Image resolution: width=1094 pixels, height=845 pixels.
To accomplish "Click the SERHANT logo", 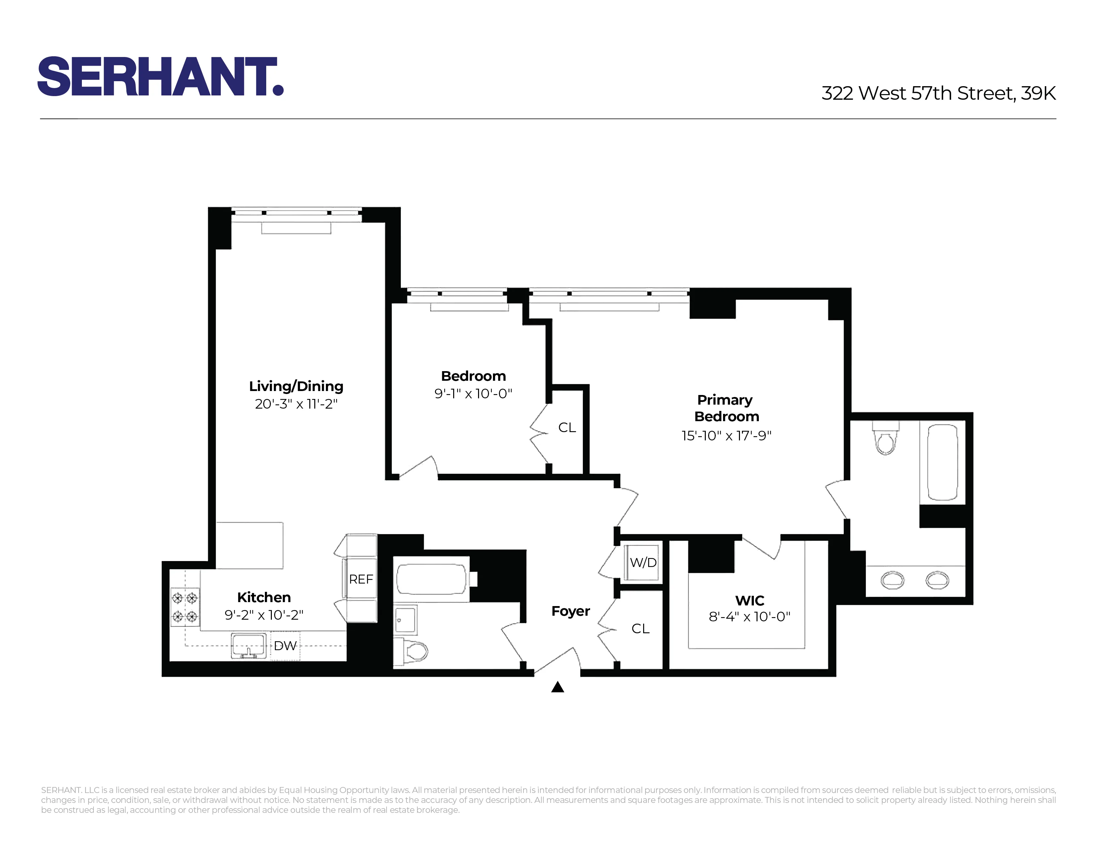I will pyautogui.click(x=160, y=76).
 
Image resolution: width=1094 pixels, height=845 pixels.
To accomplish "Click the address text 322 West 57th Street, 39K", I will pyautogui.click(x=938, y=93).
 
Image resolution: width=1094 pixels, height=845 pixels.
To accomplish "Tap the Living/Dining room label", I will pyautogui.click(x=296, y=386).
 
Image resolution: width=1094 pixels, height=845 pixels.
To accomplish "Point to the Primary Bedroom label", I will pyautogui.click(x=726, y=408).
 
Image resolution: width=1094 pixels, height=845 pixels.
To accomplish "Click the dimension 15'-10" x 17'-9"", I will pyautogui.click(x=726, y=435).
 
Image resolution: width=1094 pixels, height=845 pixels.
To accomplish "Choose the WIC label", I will pyautogui.click(x=749, y=600).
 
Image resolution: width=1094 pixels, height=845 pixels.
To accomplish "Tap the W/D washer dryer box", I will pyautogui.click(x=643, y=563).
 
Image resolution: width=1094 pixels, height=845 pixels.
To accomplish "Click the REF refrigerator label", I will pyautogui.click(x=361, y=579).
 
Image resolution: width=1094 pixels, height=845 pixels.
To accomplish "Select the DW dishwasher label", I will pyautogui.click(x=285, y=646).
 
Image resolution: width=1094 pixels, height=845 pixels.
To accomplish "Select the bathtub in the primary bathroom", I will pyautogui.click(x=942, y=462).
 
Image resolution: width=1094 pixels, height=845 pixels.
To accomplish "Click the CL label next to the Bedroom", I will pyautogui.click(x=567, y=427).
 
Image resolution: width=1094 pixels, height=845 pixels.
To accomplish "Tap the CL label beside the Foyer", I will pyautogui.click(x=640, y=629).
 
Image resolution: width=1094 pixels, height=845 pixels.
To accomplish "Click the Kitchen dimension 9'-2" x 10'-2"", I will pyautogui.click(x=264, y=615).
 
